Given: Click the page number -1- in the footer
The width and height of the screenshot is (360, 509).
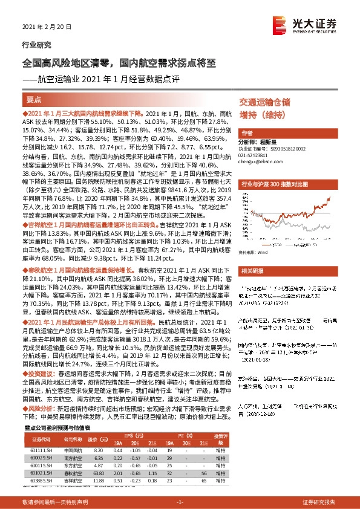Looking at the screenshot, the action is click(x=180, y=502).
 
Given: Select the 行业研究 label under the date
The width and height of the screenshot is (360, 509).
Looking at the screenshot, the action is click(x=36, y=45).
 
